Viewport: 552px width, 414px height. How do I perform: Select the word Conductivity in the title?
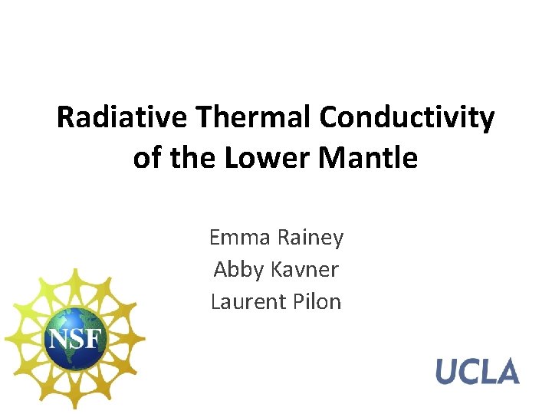coord(407,118)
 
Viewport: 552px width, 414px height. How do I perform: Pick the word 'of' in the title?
coord(144,159)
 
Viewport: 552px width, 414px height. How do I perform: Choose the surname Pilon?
coord(316,301)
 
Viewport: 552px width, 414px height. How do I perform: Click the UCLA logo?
coord(478,371)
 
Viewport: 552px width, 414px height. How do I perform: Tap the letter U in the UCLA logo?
coord(448,371)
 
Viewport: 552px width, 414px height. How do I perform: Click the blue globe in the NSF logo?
coord(74,338)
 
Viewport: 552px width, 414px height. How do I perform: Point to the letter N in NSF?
coord(56,338)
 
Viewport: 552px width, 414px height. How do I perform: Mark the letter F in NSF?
coord(94,338)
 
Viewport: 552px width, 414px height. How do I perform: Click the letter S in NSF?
coord(75,338)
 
